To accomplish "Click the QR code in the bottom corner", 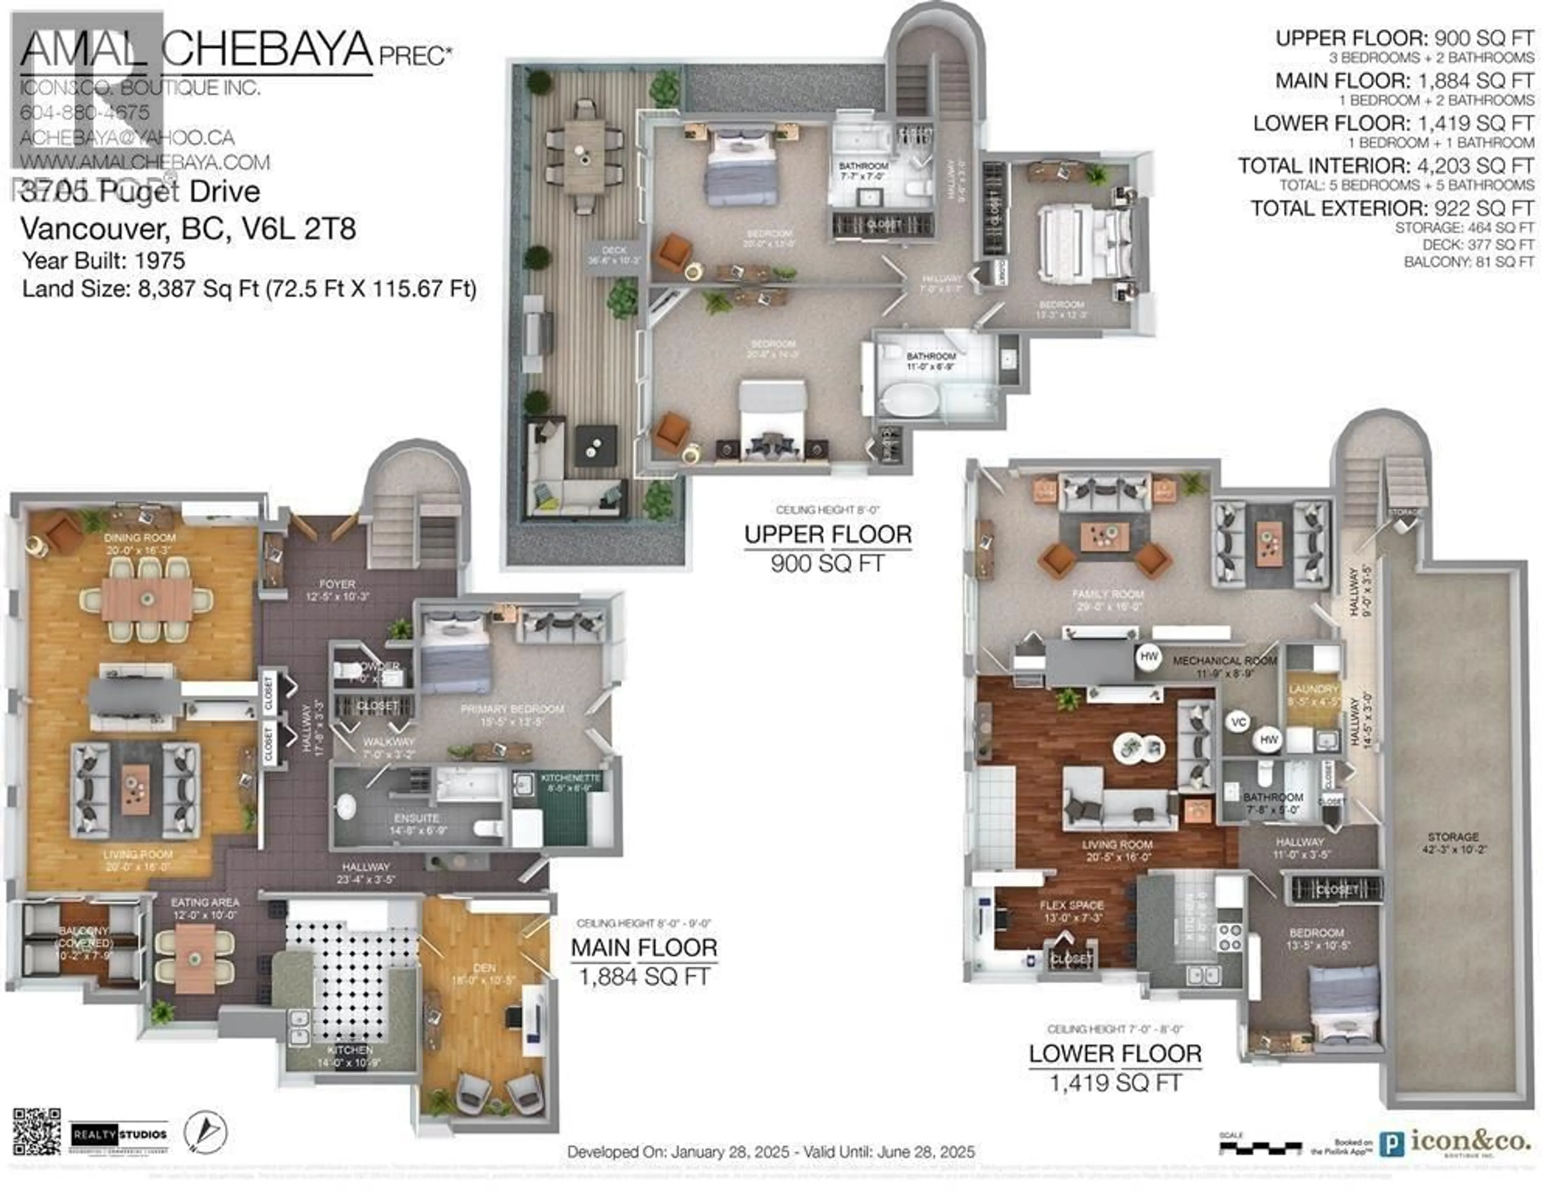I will tap(37, 1131).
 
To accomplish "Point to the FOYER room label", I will tap(337, 584).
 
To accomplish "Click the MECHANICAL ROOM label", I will tap(1225, 661).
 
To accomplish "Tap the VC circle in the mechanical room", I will tap(1239, 722).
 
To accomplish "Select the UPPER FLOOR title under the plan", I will tap(828, 534).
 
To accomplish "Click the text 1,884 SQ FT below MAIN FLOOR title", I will tap(644, 977).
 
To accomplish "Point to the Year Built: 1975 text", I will tap(104, 260).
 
